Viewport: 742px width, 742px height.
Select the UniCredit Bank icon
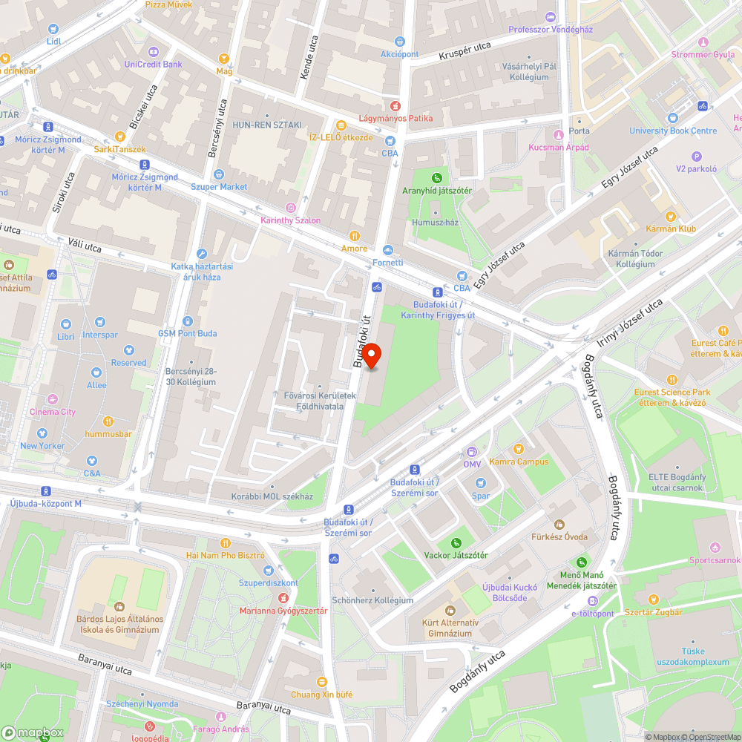[153, 52]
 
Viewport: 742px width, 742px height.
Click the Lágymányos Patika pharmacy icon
[395, 106]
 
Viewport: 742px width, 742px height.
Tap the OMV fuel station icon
[472, 452]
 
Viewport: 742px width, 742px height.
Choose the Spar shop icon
[481, 484]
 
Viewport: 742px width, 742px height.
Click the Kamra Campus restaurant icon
[519, 449]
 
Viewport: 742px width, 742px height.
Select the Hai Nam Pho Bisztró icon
[226, 542]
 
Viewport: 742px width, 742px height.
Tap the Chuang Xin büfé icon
[321, 681]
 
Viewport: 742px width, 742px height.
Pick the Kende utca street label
[308, 57]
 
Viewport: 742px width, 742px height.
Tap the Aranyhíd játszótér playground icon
[438, 178]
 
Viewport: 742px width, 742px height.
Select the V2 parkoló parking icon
[696, 156]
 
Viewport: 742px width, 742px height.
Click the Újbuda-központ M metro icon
[47, 491]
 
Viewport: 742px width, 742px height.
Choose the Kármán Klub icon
[671, 216]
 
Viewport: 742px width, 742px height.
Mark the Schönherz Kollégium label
[372, 600]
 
